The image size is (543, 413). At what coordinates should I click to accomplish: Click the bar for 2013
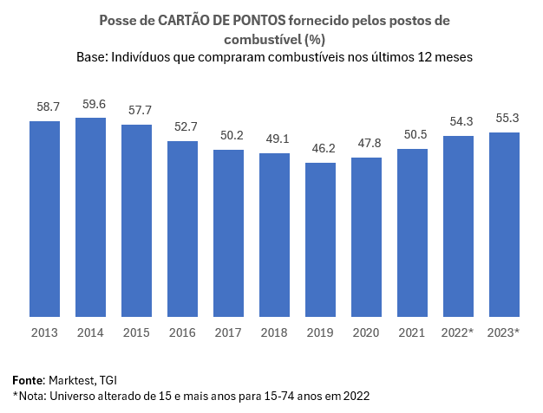(44, 218)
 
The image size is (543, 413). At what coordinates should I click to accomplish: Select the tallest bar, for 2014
(90, 216)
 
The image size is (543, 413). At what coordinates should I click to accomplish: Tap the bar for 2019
(320, 239)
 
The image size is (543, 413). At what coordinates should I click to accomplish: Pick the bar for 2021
(412, 232)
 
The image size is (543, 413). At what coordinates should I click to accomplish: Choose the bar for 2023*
(504, 224)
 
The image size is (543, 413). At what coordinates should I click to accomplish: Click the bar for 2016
(182, 229)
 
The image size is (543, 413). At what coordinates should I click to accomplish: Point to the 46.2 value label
(320, 149)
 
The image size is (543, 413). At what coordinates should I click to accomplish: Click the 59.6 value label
(90, 104)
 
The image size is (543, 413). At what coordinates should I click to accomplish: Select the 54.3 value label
(458, 122)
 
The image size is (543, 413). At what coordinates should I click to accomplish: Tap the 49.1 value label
(274, 139)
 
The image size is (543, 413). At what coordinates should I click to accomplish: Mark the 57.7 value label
(136, 111)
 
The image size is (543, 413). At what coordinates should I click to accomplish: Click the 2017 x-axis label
(228, 332)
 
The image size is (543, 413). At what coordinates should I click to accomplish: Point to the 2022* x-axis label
(458, 332)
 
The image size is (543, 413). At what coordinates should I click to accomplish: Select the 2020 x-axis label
(366, 332)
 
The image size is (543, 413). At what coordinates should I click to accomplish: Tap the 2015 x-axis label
(136, 332)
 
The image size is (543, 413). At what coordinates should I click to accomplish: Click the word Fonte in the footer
(27, 380)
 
